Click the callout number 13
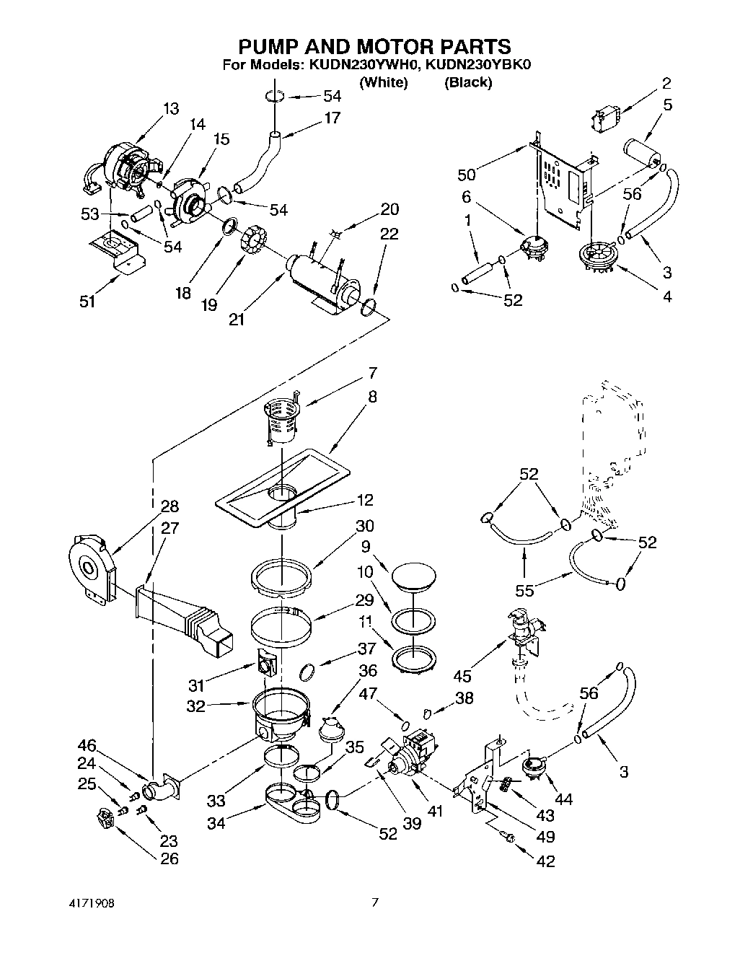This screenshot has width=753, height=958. [x=171, y=109]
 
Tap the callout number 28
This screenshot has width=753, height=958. [x=170, y=506]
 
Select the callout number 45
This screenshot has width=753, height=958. [x=463, y=675]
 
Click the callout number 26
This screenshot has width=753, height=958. [x=170, y=858]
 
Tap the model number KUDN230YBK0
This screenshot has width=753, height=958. [x=478, y=65]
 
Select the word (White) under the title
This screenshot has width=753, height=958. [x=384, y=82]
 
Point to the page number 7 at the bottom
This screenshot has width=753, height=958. [x=374, y=902]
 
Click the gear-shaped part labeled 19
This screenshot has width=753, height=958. [x=254, y=239]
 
